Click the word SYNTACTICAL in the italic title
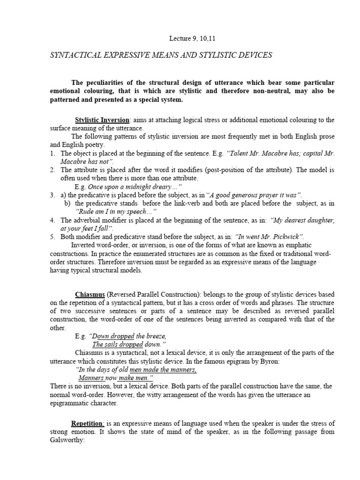click(x=75, y=55)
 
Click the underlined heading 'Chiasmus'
click(x=90, y=294)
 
